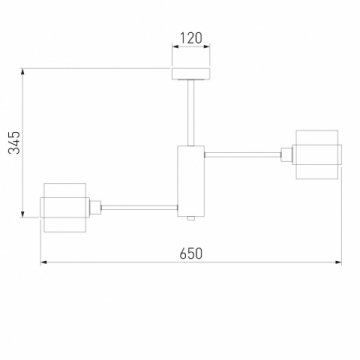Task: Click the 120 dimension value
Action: click(191, 40)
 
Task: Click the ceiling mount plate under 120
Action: click(190, 73)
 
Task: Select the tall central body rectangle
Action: click(190, 181)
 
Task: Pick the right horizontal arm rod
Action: click(244, 153)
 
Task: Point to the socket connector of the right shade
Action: click(286, 153)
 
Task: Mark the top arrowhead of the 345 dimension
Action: click(25, 70)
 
